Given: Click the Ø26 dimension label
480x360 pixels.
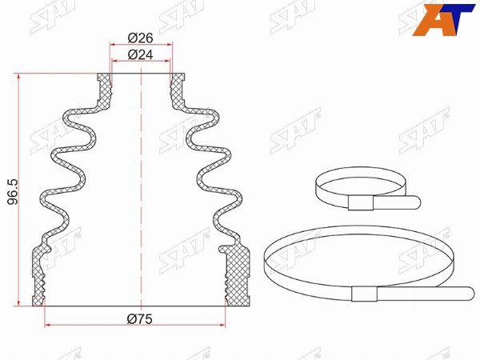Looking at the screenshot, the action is pyautogui.click(x=140, y=38).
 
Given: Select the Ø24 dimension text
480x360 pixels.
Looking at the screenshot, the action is pyautogui.click(x=140, y=54).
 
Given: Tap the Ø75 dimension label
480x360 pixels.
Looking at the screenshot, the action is pyautogui.click(x=139, y=319).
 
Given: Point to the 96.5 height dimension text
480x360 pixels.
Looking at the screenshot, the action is pyautogui.click(x=13, y=192).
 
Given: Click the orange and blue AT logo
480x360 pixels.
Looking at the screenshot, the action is pyautogui.click(x=443, y=20).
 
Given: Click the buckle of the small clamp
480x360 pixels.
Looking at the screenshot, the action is pyautogui.click(x=361, y=203).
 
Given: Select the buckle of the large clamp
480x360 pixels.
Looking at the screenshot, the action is pyautogui.click(x=364, y=294).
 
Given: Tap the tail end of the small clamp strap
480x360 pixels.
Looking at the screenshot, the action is pyautogui.click(x=418, y=202).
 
